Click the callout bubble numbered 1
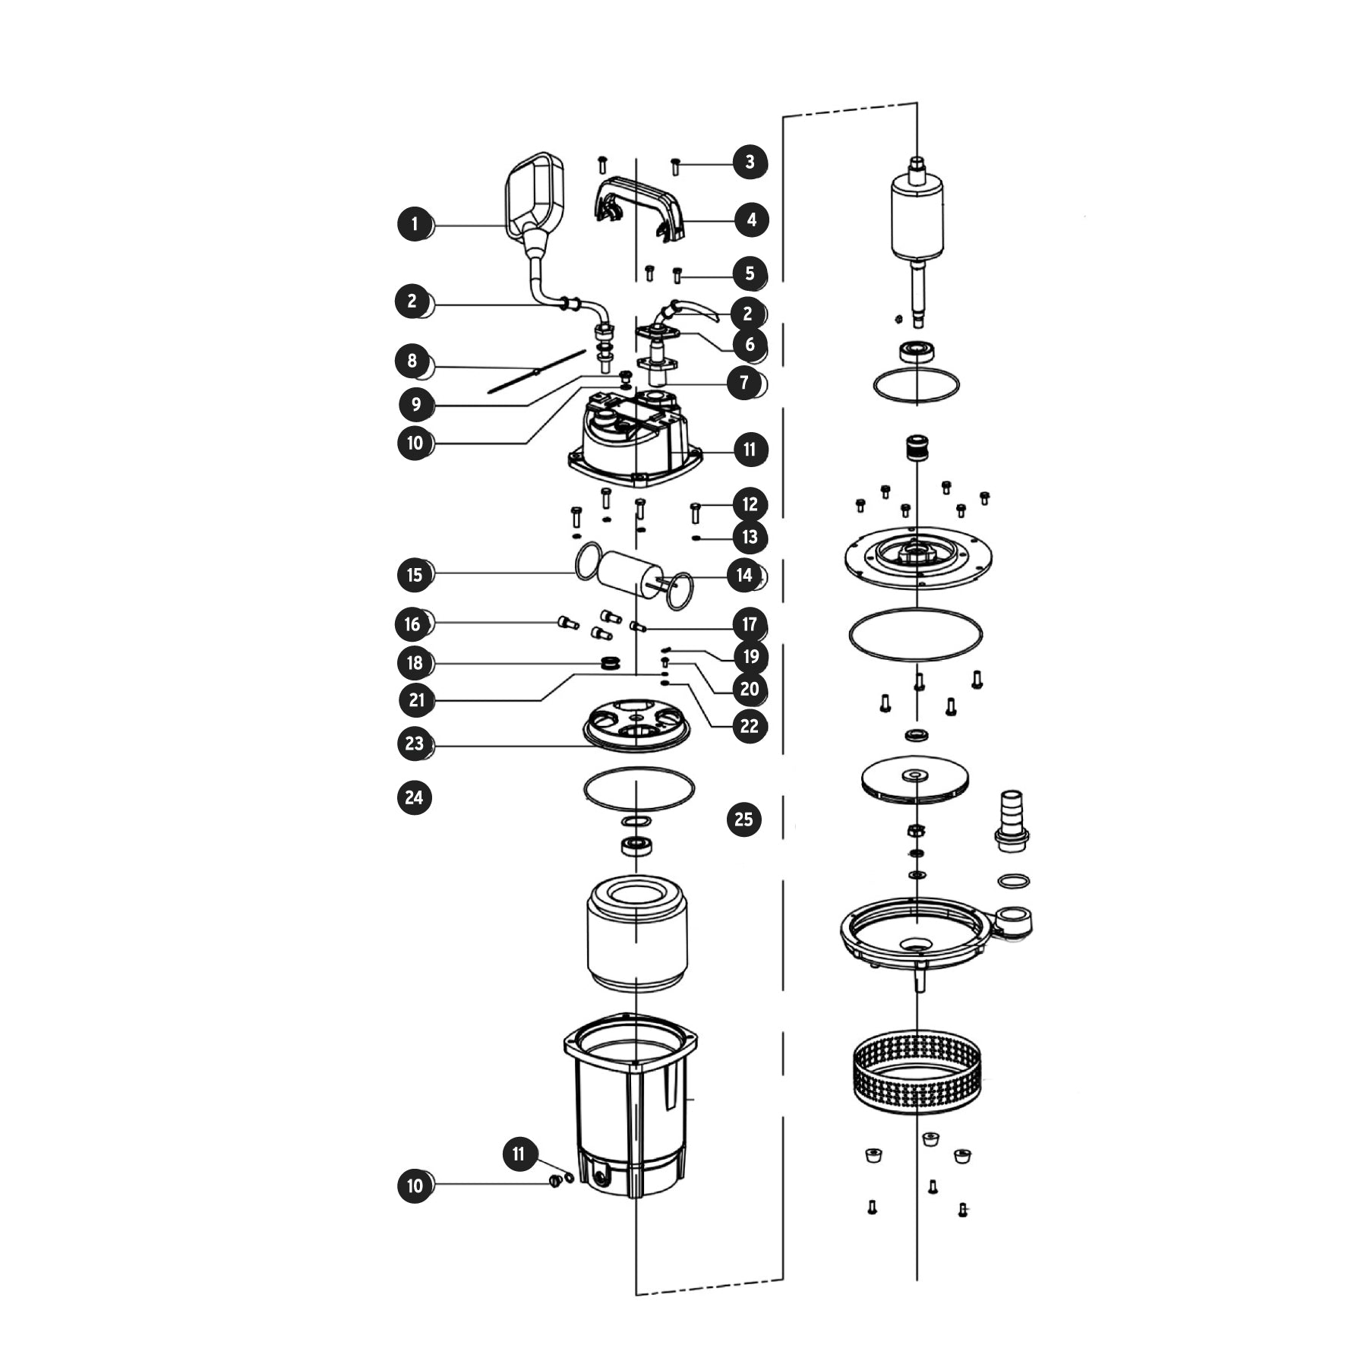pyautogui.click(x=415, y=224)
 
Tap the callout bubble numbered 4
pyautogui.click(x=751, y=220)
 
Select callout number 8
pyautogui.click(x=412, y=361)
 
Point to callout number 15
pyautogui.click(x=415, y=574)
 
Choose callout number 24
pyautogui.click(x=414, y=797)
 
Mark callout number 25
pyautogui.click(x=743, y=819)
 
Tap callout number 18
pyautogui.click(x=415, y=663)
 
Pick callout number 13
pyautogui.click(x=750, y=537)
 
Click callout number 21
pyautogui.click(x=417, y=699)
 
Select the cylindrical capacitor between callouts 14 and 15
pyautogui.click(x=630, y=574)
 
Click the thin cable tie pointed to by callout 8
pyautogui.click(x=536, y=371)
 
